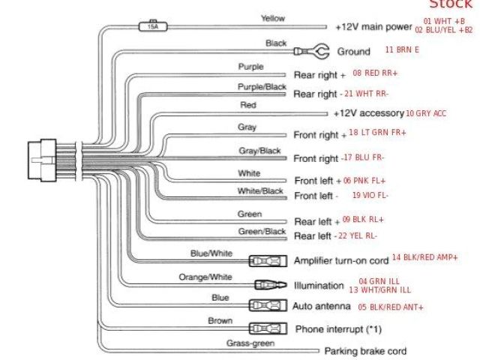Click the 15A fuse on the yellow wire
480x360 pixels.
click(x=153, y=26)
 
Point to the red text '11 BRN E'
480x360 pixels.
click(x=402, y=49)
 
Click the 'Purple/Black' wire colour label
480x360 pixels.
click(x=262, y=87)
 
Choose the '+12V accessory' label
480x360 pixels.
click(x=368, y=113)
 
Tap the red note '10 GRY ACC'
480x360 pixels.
click(x=426, y=113)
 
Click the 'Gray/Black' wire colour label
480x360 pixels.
click(x=259, y=151)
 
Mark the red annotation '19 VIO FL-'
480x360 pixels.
click(x=370, y=195)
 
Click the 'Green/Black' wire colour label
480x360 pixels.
click(x=262, y=232)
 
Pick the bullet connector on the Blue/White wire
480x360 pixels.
click(x=266, y=262)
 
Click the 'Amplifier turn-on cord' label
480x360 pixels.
click(x=341, y=261)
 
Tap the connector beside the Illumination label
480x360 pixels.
click(x=270, y=285)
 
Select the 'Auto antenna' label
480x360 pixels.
click(x=321, y=306)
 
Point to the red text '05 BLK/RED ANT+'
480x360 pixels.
click(x=391, y=307)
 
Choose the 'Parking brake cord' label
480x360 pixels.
click(x=365, y=350)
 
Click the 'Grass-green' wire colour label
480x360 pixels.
click(x=250, y=343)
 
